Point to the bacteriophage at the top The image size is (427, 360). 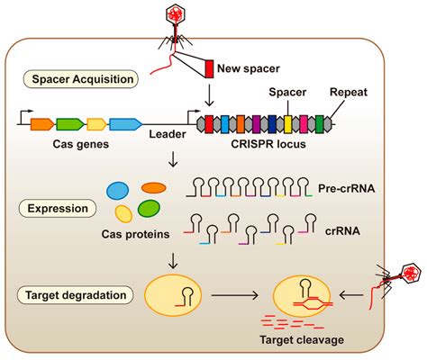(173, 22)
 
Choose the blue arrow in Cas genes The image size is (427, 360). (126, 124)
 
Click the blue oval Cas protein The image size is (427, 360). (117, 192)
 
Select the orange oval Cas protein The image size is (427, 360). (154, 187)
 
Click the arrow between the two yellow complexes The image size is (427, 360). (227, 293)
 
